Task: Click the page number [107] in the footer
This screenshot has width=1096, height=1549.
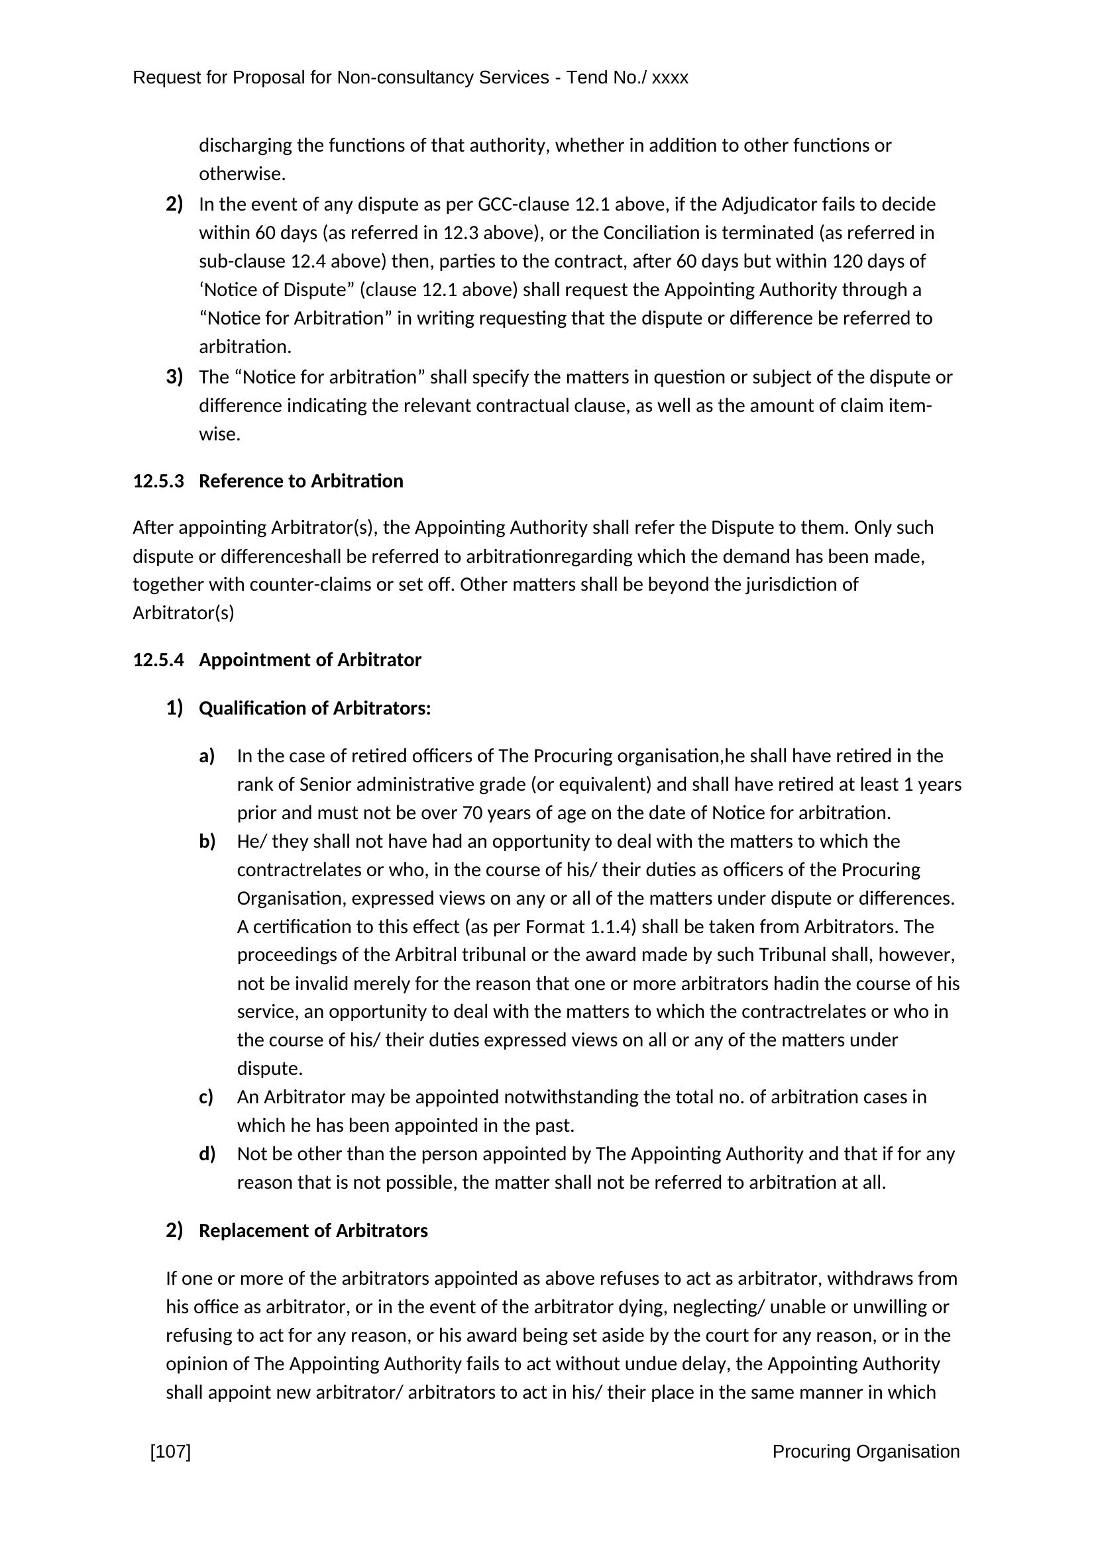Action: point(170,1451)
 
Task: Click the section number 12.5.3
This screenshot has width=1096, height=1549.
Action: point(158,481)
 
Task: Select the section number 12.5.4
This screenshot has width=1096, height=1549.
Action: point(158,660)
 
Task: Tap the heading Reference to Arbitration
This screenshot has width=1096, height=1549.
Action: point(301,481)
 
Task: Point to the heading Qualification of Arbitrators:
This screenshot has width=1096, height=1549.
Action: point(315,709)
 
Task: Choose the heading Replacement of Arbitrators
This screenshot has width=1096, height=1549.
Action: point(313,1230)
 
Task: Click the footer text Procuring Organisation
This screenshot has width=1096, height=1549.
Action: point(866,1451)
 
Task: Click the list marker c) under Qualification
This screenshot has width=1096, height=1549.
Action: point(207,1097)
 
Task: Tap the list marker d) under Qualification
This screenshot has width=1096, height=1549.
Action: point(207,1154)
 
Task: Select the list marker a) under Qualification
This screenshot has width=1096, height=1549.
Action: point(207,756)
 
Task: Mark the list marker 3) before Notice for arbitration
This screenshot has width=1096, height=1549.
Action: point(175,376)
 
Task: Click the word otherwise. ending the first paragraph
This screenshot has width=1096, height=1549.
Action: point(243,174)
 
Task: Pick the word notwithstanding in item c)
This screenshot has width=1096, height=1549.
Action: point(571,1097)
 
